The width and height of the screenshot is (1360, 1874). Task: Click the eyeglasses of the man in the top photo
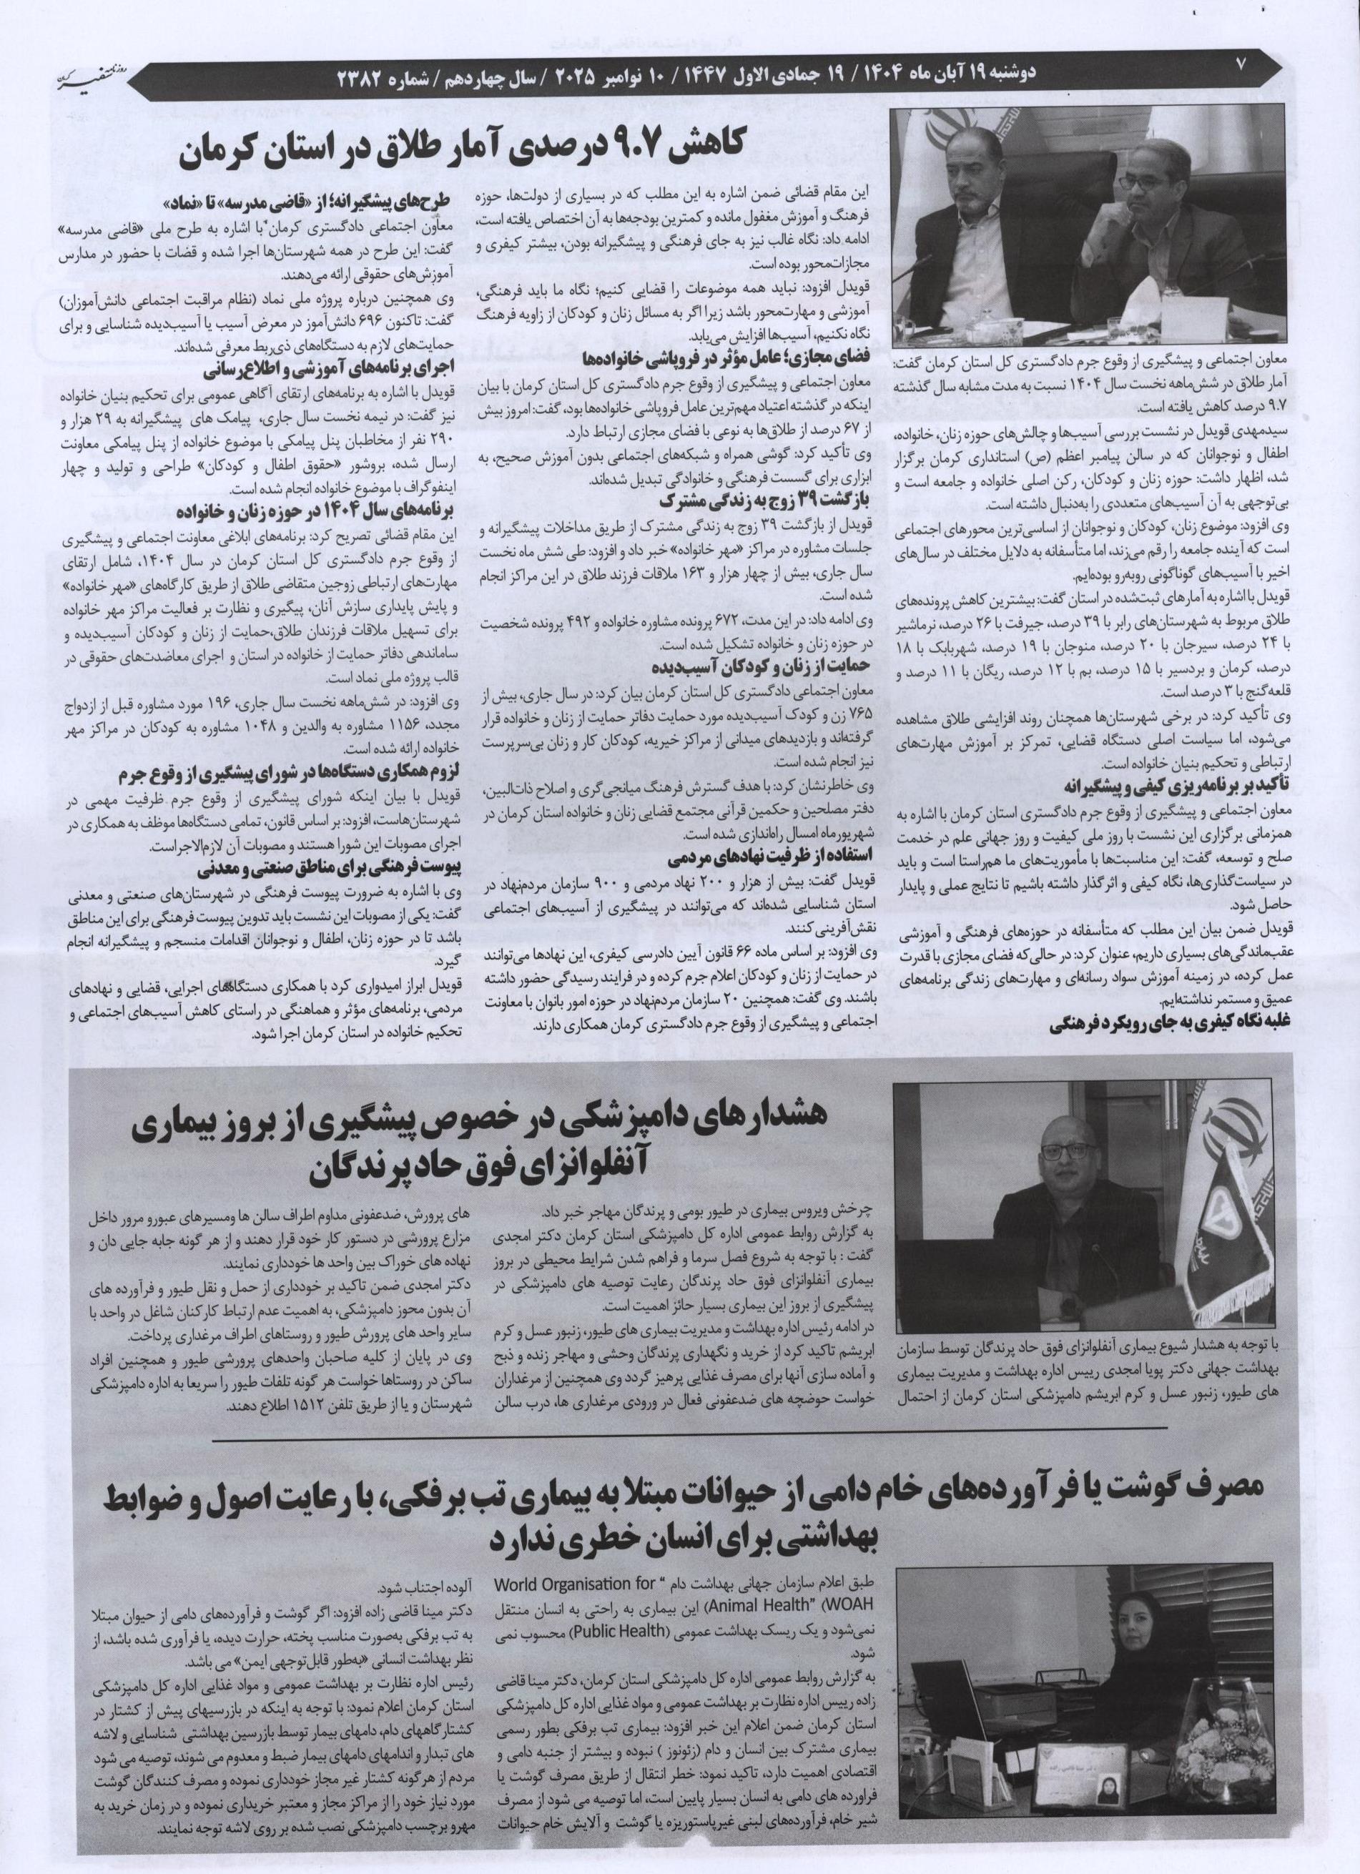pyautogui.click(x=1152, y=175)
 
